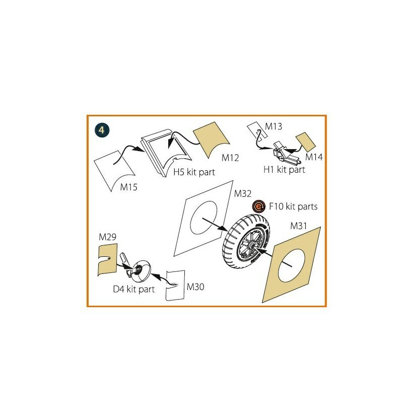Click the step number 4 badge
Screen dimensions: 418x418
(x=102, y=130)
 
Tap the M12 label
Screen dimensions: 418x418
(x=230, y=158)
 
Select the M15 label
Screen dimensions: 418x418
(x=129, y=187)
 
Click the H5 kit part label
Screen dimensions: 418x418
(x=194, y=172)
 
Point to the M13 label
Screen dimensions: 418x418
(x=273, y=126)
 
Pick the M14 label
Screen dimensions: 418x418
(x=314, y=157)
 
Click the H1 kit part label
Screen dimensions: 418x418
(x=284, y=170)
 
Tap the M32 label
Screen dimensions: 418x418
(x=243, y=194)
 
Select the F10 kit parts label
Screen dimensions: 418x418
(x=293, y=206)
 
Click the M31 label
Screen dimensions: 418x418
(x=299, y=226)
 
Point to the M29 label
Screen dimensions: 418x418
(x=107, y=237)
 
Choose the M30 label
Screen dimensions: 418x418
(x=195, y=287)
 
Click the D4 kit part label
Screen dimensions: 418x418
(x=134, y=289)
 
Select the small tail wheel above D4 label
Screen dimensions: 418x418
(x=141, y=271)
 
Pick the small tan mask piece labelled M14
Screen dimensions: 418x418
(x=306, y=142)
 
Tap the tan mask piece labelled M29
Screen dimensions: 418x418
(x=107, y=260)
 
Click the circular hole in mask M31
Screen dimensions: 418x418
(x=291, y=266)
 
